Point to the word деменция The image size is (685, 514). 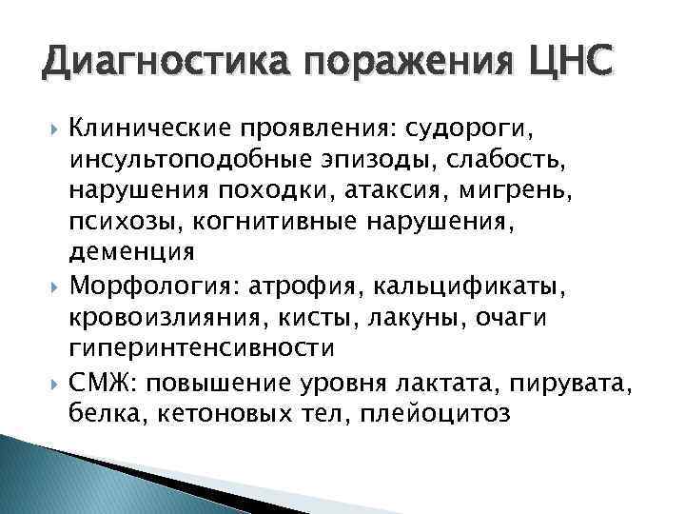coord(131,253)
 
